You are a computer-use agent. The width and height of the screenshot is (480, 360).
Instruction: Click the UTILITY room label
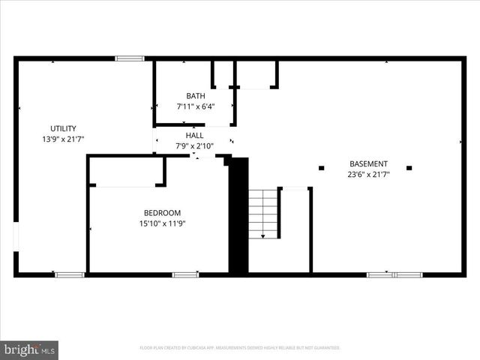point(63,128)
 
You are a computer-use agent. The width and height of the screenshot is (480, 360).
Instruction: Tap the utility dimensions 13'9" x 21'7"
point(63,139)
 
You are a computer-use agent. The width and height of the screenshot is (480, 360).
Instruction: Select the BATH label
point(196,96)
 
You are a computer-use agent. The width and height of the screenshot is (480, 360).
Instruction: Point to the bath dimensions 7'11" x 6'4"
point(196,106)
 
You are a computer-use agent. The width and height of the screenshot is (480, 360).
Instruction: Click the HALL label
point(195,136)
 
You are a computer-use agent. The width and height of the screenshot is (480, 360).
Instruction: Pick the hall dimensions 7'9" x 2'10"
point(195,146)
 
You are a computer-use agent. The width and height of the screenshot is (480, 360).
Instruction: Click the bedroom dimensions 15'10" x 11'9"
point(162,223)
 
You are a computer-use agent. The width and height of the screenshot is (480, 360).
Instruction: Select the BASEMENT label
point(368,164)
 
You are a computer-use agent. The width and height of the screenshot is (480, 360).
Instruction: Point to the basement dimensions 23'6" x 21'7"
point(368,175)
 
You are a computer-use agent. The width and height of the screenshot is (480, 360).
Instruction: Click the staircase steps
point(263,214)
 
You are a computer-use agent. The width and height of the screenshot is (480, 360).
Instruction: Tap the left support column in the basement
point(321,168)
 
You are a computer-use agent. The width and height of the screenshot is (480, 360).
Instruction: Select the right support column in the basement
point(409,168)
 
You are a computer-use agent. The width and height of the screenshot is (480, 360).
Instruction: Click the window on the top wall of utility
point(129,58)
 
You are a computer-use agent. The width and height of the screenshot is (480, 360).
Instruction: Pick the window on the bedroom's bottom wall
point(185,274)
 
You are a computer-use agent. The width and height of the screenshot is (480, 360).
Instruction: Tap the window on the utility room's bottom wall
point(70,274)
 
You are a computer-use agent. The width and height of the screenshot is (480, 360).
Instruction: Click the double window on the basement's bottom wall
point(394,274)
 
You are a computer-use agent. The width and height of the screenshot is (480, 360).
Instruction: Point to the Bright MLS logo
point(30,349)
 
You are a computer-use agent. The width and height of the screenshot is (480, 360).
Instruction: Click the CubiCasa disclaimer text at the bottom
point(240,348)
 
